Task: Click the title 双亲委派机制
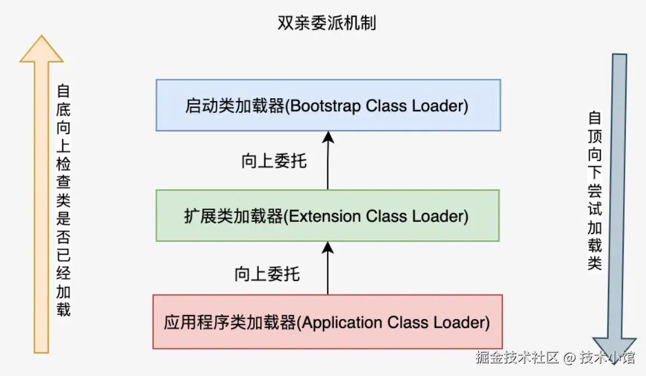coord(327,23)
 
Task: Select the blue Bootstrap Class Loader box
coord(328,105)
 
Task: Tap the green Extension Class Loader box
coord(327,216)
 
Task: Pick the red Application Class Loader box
coord(327,322)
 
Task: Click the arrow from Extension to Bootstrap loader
coord(328,162)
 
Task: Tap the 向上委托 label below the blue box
coord(274,161)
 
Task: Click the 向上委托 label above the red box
coord(267,274)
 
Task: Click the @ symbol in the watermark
coord(569,358)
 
